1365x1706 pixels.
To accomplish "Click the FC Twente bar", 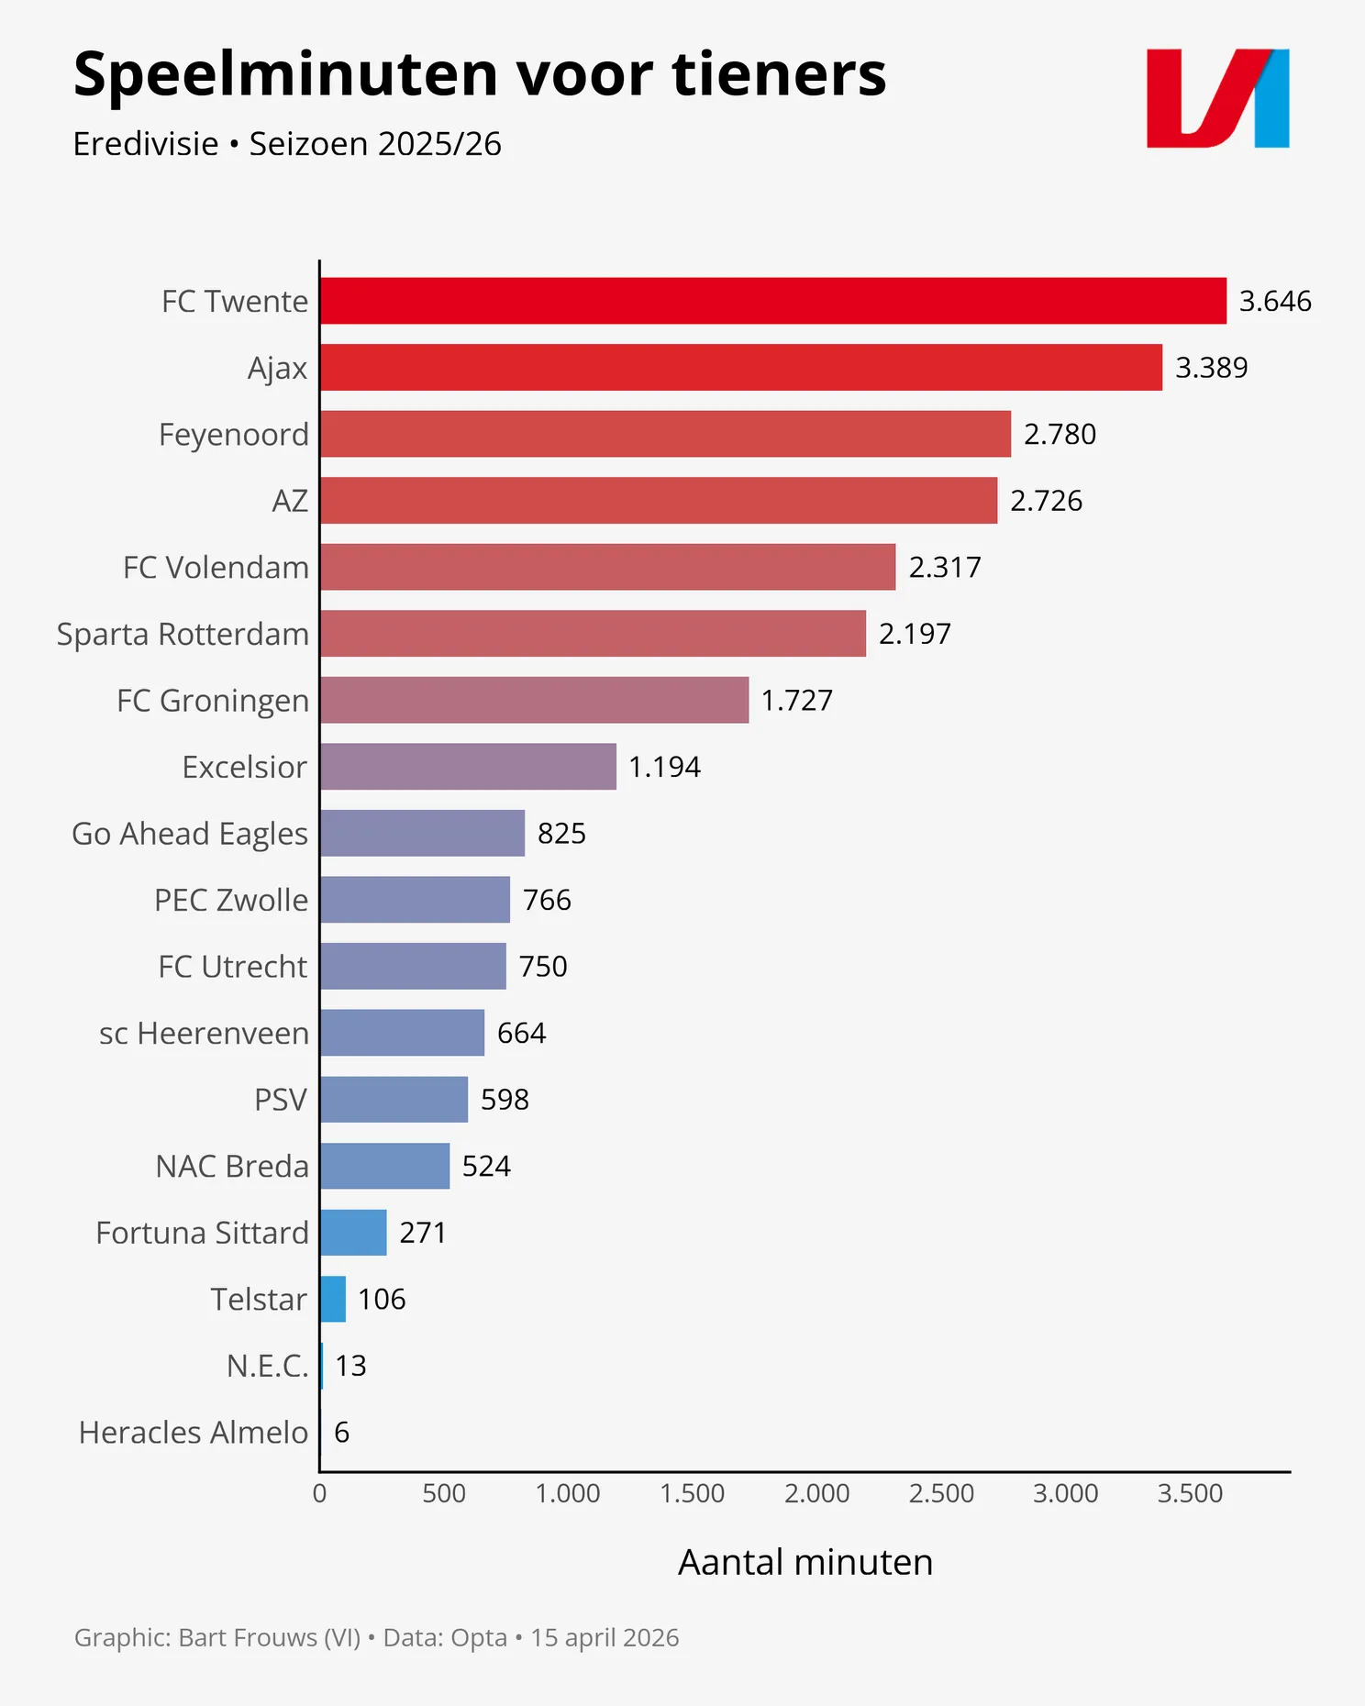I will [772, 301].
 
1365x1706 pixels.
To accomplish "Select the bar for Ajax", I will [741, 368].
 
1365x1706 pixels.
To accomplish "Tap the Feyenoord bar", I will [665, 434].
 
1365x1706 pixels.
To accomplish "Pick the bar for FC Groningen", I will [534, 700].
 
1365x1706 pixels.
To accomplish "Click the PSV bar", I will [394, 1099].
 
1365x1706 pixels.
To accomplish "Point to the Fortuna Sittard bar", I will [353, 1233].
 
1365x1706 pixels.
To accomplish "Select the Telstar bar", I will [333, 1299].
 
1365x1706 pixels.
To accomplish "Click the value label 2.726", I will [1046, 501].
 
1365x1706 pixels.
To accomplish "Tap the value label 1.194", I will [664, 767].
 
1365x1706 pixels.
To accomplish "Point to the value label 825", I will [561, 833].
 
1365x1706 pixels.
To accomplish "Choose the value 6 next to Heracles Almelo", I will [342, 1433].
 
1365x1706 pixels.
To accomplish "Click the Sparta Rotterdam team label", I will [183, 634].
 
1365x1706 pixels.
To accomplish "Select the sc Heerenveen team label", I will [204, 1033].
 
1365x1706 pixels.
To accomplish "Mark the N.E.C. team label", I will [267, 1366].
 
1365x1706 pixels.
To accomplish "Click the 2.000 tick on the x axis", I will [816, 1493].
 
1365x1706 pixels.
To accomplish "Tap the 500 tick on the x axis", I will [444, 1493].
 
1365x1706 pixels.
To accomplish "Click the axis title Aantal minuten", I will [805, 1562].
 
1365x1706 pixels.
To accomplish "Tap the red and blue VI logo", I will [1217, 98].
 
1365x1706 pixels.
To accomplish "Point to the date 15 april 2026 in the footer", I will [605, 1637].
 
